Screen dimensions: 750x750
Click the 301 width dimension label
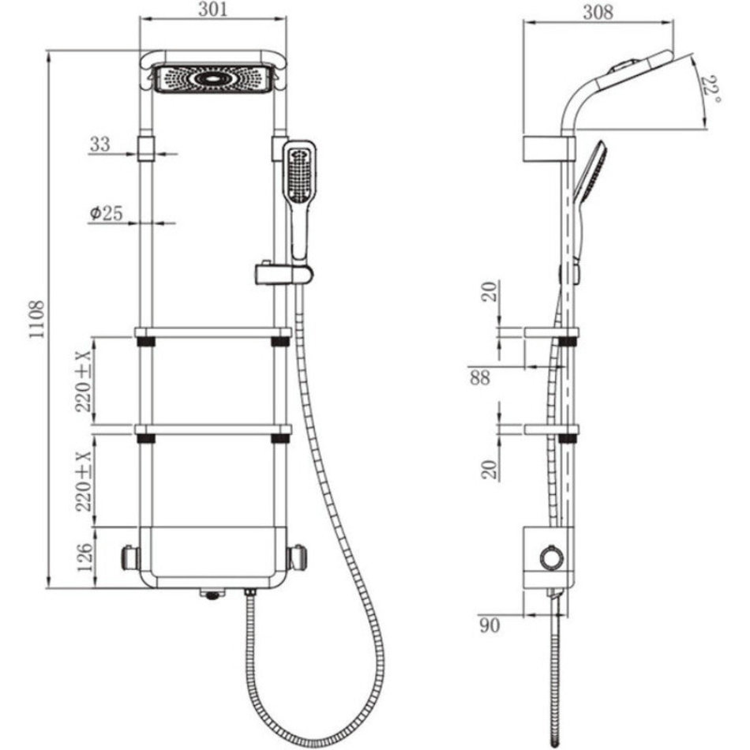213,9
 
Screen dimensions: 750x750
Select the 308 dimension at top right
598,12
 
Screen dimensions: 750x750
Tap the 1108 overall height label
37,319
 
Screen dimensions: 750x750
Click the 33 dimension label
100,144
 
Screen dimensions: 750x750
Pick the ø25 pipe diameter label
107,213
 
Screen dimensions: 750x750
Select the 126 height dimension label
84,557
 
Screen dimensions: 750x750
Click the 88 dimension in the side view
480,377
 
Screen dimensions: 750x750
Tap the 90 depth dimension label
489,625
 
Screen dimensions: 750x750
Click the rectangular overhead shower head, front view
213,79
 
